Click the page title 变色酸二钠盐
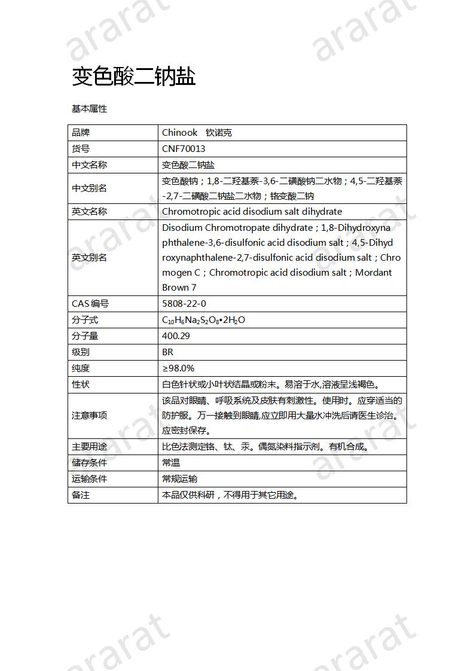pos(134,77)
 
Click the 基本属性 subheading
pos(89,109)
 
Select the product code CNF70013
pos(184,149)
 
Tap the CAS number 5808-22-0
pos(184,304)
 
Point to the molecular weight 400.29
pos(176,336)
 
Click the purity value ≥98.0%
pos(178,368)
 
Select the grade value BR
pos(167,352)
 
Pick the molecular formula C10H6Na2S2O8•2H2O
pos(203,320)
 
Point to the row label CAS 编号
pos(90,304)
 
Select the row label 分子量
pos(85,336)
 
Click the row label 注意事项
pos(90,416)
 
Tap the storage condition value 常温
pos(171,463)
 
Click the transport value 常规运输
pos(179,479)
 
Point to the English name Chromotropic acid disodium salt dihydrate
pos(252,212)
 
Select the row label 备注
pos(81,495)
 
